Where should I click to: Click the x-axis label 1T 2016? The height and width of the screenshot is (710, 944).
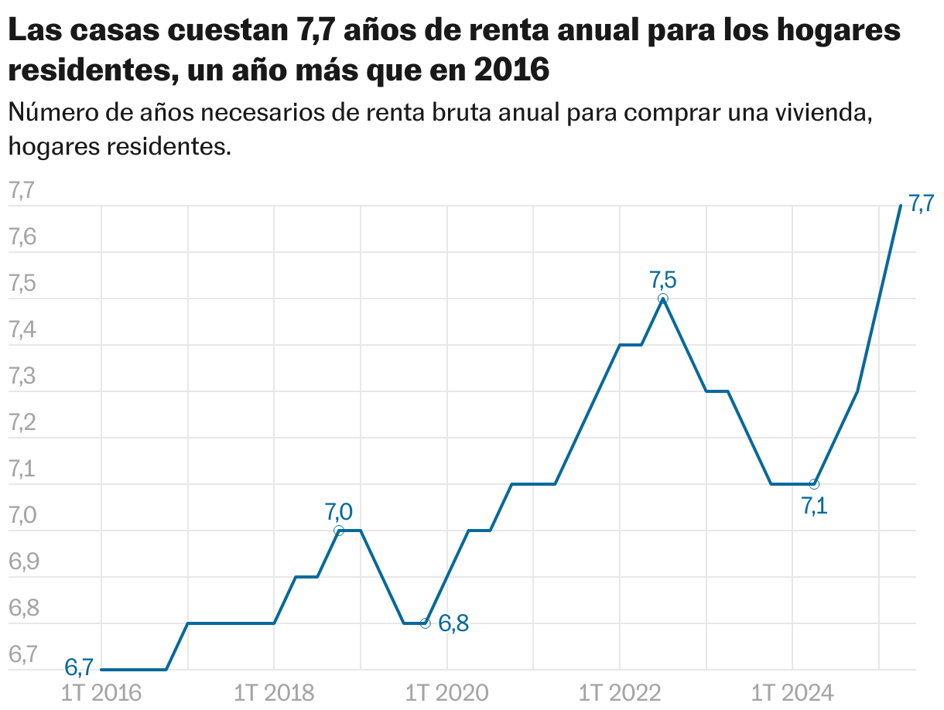pyautogui.click(x=101, y=691)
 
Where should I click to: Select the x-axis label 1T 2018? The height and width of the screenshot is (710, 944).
pyautogui.click(x=274, y=691)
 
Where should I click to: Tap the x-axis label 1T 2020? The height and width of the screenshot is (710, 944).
pyautogui.click(x=447, y=691)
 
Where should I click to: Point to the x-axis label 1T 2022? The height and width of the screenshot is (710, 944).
pyautogui.click(x=620, y=691)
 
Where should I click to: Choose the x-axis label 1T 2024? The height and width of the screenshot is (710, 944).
pyautogui.click(x=793, y=691)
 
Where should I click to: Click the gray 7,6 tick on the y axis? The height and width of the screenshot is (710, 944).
pyautogui.click(x=22, y=237)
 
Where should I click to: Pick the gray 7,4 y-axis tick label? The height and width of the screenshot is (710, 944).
pyautogui.click(x=22, y=330)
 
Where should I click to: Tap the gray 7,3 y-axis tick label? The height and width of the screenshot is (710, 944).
pyautogui.click(x=22, y=377)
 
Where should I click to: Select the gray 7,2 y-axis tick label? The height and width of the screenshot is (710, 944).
pyautogui.click(x=22, y=423)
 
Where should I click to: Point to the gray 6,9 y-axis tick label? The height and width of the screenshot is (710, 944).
pyautogui.click(x=22, y=562)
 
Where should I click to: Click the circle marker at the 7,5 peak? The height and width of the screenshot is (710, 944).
pyautogui.click(x=663, y=299)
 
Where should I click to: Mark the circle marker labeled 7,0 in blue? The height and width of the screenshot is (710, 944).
pyautogui.click(x=339, y=531)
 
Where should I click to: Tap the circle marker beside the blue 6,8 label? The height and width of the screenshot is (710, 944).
pyautogui.click(x=425, y=623)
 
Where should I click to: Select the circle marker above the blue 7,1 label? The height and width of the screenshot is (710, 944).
pyautogui.click(x=814, y=484)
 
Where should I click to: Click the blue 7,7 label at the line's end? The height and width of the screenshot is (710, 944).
pyautogui.click(x=921, y=204)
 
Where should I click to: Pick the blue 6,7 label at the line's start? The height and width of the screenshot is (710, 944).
pyautogui.click(x=79, y=666)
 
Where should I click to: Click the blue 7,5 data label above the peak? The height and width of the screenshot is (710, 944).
pyautogui.click(x=663, y=278)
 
